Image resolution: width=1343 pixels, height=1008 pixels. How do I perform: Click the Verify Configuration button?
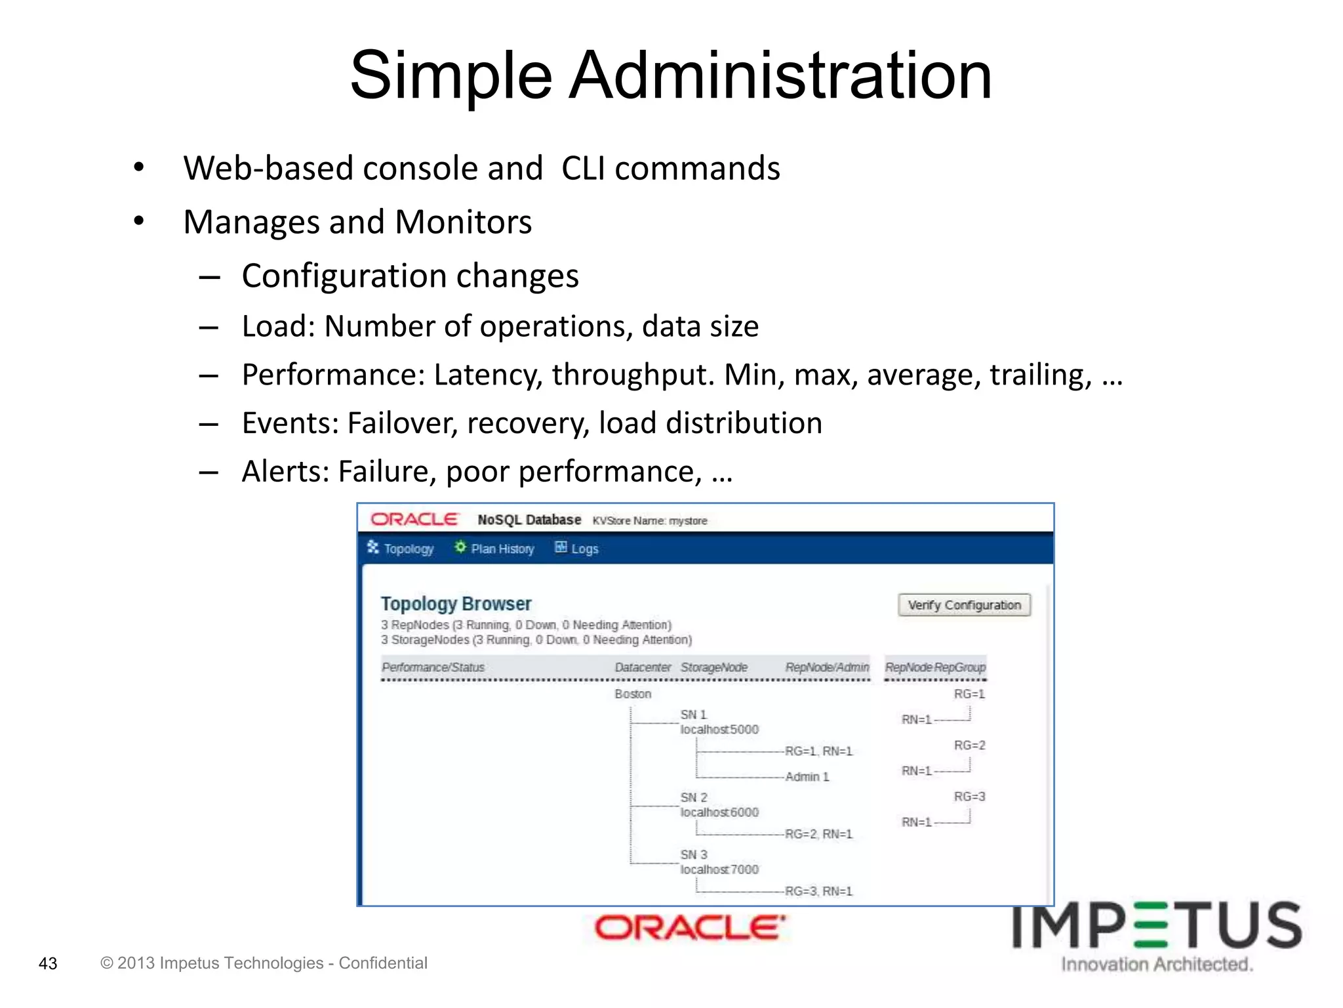pos(963,605)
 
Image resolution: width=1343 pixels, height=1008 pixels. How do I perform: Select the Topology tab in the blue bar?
pos(401,549)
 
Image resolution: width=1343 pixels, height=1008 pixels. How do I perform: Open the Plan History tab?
pos(494,549)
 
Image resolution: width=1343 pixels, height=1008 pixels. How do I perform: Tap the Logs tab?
pos(577,549)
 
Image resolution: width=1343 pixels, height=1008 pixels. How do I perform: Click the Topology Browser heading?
pos(456,604)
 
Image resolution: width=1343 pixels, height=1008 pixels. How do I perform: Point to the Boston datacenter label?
pos(633,694)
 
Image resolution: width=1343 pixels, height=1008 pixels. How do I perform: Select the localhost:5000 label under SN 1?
pos(719,730)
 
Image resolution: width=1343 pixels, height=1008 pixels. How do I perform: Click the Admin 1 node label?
pos(807,777)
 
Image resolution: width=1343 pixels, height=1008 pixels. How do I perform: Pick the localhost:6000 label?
pos(719,812)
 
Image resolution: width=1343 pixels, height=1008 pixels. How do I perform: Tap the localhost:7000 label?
pos(719,870)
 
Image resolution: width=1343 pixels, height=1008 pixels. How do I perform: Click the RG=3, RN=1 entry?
pos(818,891)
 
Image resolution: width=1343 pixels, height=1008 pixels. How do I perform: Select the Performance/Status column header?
pos(433,667)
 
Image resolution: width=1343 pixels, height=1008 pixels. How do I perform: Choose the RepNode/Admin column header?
pos(827,667)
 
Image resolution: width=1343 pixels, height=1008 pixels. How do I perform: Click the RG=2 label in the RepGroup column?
pos(969,745)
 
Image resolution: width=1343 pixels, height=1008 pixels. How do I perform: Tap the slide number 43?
pos(48,963)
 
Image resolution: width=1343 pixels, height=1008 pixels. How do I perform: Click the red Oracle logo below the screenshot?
pos(689,928)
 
